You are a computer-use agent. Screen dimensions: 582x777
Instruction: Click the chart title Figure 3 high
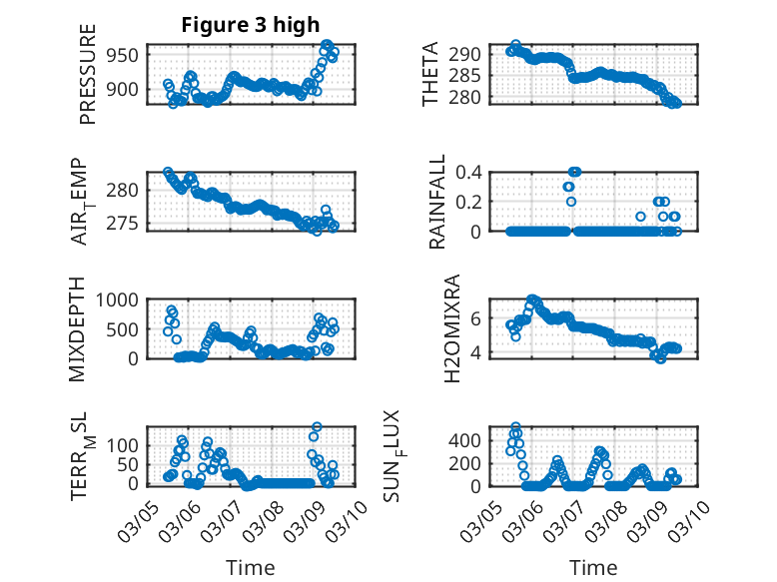(251, 25)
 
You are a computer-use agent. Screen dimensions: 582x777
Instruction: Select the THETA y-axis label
(430, 73)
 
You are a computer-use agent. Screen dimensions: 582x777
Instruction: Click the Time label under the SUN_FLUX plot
(593, 567)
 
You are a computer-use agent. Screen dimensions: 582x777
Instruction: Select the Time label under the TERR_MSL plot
(250, 567)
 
